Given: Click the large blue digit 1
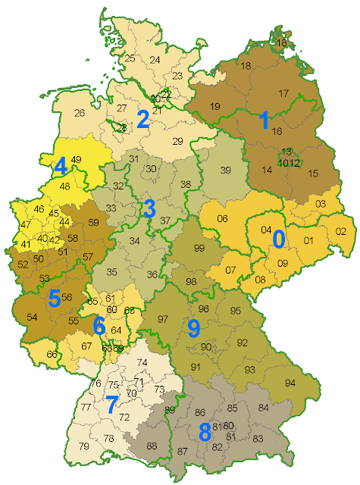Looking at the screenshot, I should pos(264,119).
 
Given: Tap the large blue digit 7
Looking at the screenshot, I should pos(112,405).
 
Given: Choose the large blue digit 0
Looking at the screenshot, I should pos(278,239).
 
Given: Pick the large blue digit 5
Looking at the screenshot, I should pos(54,298).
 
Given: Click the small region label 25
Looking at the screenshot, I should pos(130,58).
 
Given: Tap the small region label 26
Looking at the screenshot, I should pos(79,114).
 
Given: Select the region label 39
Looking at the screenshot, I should pos(225,171).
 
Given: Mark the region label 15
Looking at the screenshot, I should pos(313,174).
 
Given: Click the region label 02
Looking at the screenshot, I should pos(340,231).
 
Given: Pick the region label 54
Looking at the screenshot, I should pos(32,316).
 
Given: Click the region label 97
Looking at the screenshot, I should pos(162,319).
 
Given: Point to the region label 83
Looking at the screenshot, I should pos(258,439).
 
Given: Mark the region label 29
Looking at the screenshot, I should pos(178,141).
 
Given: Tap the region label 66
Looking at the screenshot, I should pos(52,355).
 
